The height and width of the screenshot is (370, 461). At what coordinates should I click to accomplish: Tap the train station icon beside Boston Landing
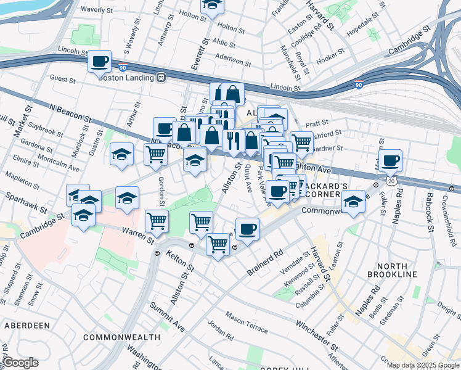point(161,77)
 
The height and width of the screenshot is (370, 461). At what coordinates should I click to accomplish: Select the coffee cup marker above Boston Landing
point(99,61)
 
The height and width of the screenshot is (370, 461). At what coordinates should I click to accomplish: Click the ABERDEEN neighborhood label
point(27,325)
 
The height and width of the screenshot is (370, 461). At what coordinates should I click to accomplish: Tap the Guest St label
point(62,79)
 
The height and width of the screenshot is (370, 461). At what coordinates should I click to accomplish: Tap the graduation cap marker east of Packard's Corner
point(354,202)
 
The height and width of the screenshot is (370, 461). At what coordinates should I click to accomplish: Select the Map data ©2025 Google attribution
point(422,365)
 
